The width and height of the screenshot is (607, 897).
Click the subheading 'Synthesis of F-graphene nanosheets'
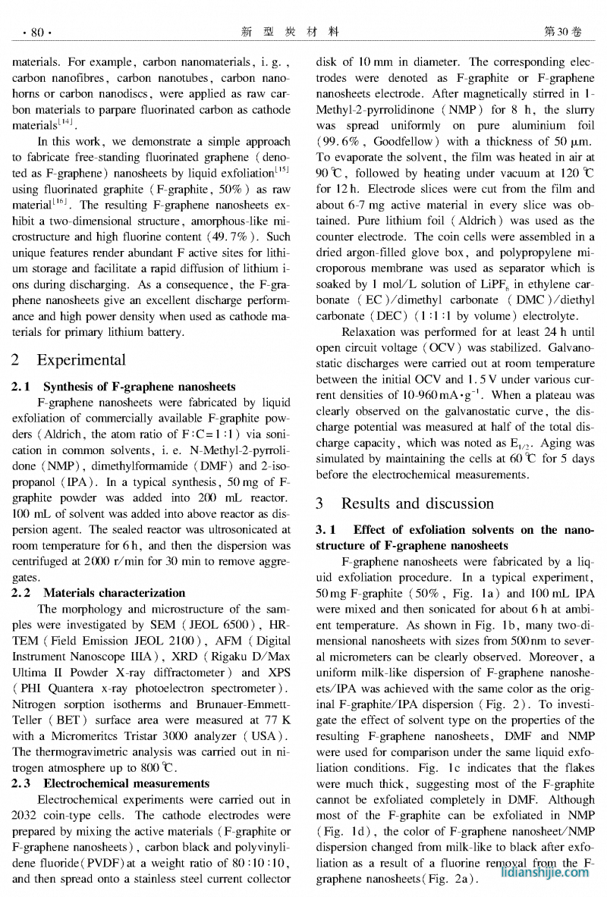pyautogui.click(x=140, y=387)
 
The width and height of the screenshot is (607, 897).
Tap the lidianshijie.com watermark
pyautogui.click(x=546, y=872)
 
